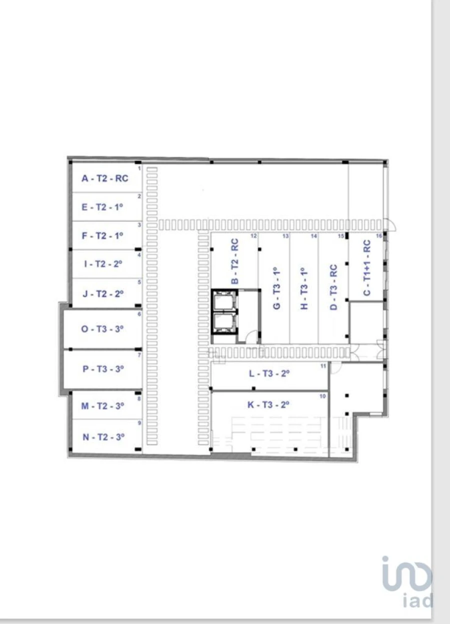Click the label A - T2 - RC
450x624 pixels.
tap(104, 178)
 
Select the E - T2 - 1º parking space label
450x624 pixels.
tap(102, 207)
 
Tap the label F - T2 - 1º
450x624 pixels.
tap(102, 235)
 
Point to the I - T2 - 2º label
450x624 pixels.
tap(102, 264)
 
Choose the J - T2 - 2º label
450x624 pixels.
tap(102, 293)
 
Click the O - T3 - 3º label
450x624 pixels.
tap(102, 329)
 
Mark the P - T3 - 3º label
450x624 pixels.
tap(102, 369)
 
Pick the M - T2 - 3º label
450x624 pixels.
tap(102, 406)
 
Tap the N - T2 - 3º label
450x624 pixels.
tap(102, 436)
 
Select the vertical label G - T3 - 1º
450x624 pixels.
tap(276, 288)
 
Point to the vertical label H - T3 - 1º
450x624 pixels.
tap(305, 288)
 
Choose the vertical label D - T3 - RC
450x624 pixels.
tap(334, 287)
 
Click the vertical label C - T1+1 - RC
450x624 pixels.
tap(366, 268)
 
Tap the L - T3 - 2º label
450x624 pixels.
tap(269, 373)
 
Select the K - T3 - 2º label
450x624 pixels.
tap(269, 405)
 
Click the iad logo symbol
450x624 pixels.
tap(406, 575)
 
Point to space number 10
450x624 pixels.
tap(323, 396)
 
